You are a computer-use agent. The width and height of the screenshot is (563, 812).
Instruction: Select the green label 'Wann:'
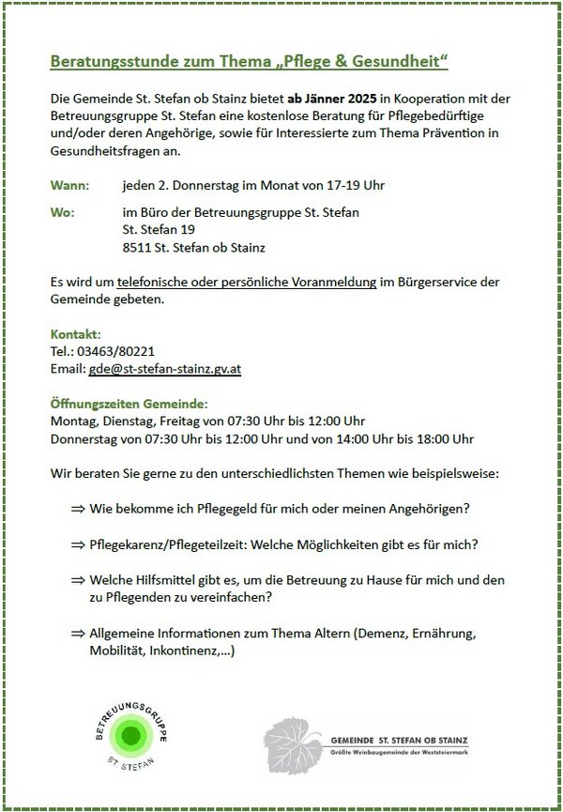(69, 186)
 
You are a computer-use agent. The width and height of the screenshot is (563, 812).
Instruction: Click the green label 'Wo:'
(62, 213)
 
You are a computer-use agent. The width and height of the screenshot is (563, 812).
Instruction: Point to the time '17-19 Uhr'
(356, 186)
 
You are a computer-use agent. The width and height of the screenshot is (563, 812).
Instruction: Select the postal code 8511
(137, 248)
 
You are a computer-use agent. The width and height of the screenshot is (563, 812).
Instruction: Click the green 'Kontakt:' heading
(75, 334)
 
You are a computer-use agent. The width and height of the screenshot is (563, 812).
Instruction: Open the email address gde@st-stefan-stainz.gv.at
(165, 369)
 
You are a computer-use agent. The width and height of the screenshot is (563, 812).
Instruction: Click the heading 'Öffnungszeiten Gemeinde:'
(121, 404)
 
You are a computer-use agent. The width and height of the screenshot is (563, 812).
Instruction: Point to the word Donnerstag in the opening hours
(85, 438)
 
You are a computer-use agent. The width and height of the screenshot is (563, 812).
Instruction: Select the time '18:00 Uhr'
(445, 438)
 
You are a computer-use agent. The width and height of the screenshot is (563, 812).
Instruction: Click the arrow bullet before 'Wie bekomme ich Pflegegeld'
(77, 509)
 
